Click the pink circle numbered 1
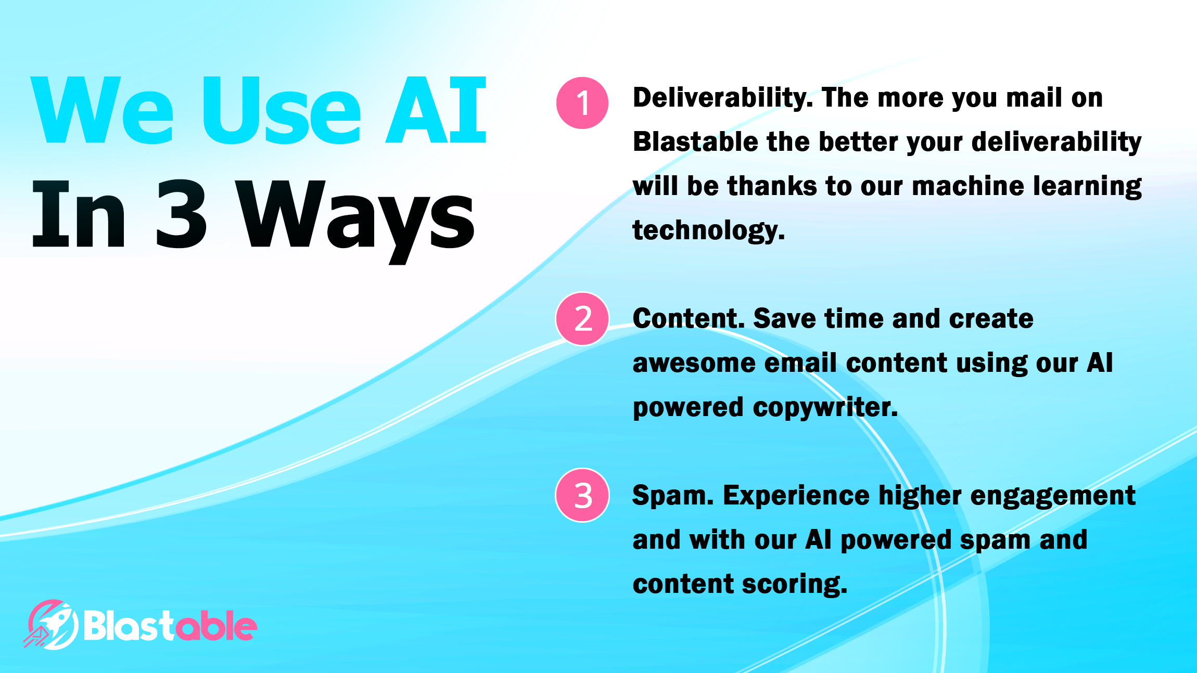(x=582, y=103)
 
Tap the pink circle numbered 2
(x=582, y=319)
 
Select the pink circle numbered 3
(x=582, y=495)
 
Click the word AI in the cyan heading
(x=436, y=110)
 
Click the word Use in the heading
(x=282, y=110)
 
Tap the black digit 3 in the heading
(x=181, y=214)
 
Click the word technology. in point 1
(x=709, y=230)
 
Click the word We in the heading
(x=102, y=110)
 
